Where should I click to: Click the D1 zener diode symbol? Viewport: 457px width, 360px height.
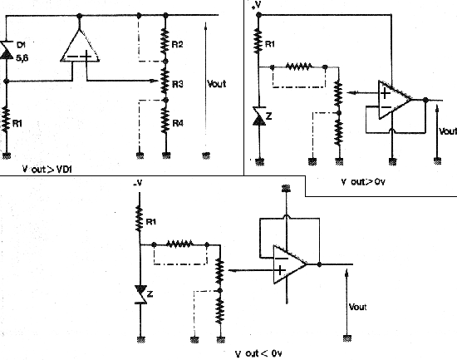[x=7, y=50]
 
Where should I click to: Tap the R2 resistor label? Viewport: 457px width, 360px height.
[x=178, y=44]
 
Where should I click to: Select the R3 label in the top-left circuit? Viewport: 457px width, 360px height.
[x=178, y=84]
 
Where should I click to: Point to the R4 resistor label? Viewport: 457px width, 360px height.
[x=178, y=123]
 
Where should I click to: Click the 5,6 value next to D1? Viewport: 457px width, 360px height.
[x=22, y=58]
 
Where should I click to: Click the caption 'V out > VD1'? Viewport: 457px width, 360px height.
[x=47, y=170]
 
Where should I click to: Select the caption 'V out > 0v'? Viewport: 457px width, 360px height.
[x=363, y=182]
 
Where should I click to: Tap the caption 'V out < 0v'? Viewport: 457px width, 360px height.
[x=258, y=354]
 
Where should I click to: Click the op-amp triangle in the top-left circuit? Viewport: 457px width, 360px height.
[x=80, y=45]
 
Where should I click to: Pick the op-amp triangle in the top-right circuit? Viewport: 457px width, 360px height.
[x=395, y=100]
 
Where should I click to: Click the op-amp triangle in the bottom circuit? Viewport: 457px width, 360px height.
[x=290, y=264]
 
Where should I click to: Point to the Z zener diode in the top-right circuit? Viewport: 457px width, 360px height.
[x=259, y=116]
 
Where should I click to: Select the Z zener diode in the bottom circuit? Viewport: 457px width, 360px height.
[x=141, y=294]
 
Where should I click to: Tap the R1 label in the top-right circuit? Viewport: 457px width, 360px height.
[x=270, y=44]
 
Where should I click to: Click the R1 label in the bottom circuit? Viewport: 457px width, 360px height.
[x=151, y=222]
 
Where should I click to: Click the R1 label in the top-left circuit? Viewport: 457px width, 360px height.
[x=17, y=123]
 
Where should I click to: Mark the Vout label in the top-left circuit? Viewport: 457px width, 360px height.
[x=217, y=84]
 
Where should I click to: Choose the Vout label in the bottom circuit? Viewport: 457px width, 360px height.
[x=357, y=307]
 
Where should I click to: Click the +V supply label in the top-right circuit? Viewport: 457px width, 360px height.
[x=257, y=5]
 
